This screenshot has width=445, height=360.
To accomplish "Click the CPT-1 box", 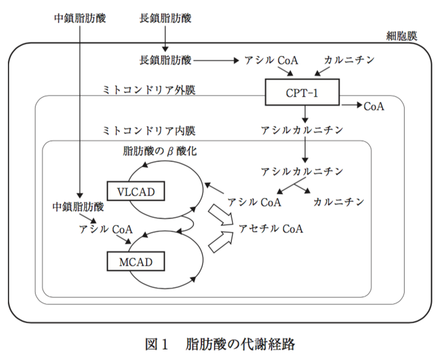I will pyautogui.click(x=302, y=93).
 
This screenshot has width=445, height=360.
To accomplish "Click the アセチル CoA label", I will pyautogui.click(x=271, y=228).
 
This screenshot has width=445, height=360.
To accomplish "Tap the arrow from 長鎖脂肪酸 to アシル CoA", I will pyautogui.click(x=216, y=60).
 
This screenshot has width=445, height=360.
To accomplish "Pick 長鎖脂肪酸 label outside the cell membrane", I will pyautogui.click(x=165, y=18).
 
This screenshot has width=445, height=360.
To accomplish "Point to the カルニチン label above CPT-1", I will pyautogui.click(x=349, y=60).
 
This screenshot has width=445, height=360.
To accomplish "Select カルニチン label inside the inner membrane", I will pyautogui.click(x=338, y=202).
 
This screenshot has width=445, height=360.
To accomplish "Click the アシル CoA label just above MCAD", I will pyautogui.click(x=107, y=229).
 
